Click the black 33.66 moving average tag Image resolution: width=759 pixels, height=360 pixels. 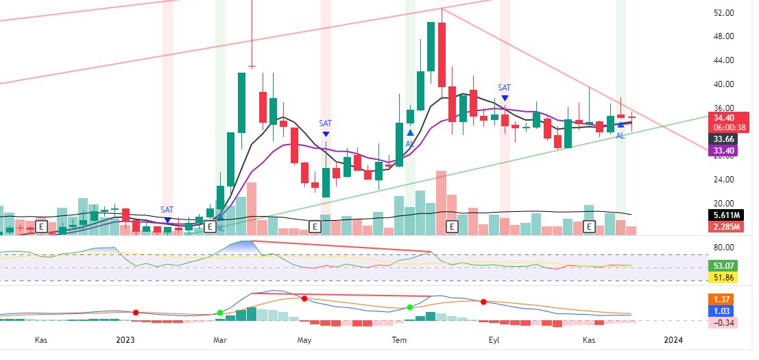(723, 139)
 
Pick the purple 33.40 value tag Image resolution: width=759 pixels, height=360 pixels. (723, 150)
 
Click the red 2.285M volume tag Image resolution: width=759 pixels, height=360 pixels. (725, 227)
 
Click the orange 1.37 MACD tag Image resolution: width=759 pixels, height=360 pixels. (721, 300)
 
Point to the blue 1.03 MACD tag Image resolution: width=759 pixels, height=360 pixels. (721, 311)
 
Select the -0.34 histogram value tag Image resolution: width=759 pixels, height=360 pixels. (723, 323)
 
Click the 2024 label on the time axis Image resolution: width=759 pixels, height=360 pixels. (673, 340)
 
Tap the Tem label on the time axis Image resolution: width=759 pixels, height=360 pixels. (399, 340)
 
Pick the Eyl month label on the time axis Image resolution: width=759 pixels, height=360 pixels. (494, 340)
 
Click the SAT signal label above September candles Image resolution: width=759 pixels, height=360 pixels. (505, 88)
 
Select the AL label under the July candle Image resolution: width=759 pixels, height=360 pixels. (410, 144)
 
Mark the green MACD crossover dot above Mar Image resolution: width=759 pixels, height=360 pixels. (220, 313)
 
